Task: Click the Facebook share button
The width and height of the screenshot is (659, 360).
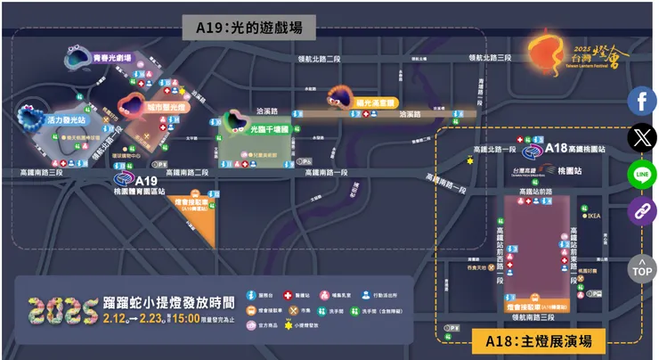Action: point(641,101)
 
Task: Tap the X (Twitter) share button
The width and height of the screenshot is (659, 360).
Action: point(641,137)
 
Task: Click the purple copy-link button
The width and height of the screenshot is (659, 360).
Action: point(641,211)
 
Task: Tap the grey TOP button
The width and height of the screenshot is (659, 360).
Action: point(641,266)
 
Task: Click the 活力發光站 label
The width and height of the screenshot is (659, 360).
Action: point(66,119)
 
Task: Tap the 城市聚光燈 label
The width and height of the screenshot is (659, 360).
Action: point(167,107)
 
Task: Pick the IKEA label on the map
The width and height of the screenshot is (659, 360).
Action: point(595,216)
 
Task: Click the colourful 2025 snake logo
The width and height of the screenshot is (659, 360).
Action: point(62,309)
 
